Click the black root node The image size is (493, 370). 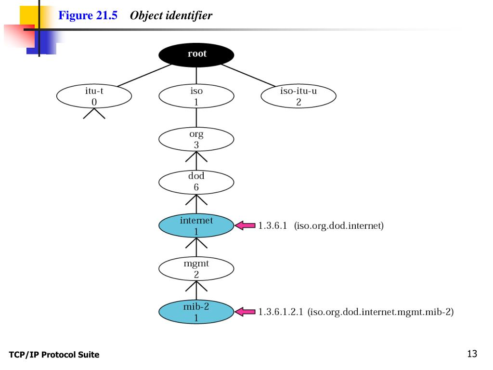pyautogui.click(x=196, y=54)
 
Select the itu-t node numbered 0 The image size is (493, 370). pyautogui.click(x=94, y=96)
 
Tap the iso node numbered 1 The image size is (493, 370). pyautogui.click(x=196, y=96)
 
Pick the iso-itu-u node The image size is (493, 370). pyautogui.click(x=298, y=96)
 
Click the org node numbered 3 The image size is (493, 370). pyautogui.click(x=196, y=139)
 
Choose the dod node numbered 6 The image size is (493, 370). pyautogui.click(x=196, y=182)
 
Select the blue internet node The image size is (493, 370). pyautogui.click(x=196, y=226)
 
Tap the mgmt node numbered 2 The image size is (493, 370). pyautogui.click(x=196, y=269)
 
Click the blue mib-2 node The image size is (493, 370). pyautogui.click(x=196, y=312)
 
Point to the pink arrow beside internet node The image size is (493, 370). pyautogui.click(x=245, y=225)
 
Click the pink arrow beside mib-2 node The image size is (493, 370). pyautogui.click(x=245, y=312)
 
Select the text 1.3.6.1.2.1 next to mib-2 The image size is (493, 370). pyautogui.click(x=280, y=312)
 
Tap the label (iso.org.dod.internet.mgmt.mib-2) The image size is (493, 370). pyautogui.click(x=380, y=312)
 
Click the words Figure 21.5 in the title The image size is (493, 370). pyautogui.click(x=88, y=16)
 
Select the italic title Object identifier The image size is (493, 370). pyautogui.click(x=171, y=16)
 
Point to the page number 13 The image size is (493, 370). pyautogui.click(x=472, y=354)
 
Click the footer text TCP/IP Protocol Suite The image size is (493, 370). pyautogui.click(x=54, y=355)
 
